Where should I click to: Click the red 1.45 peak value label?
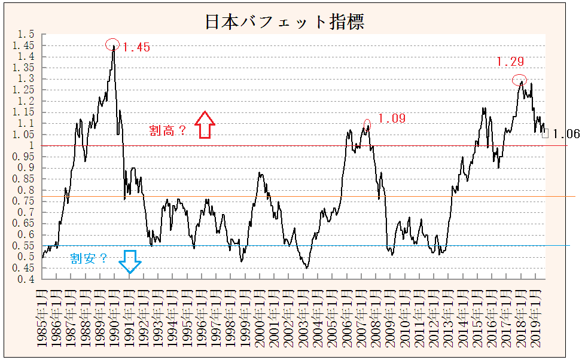136,47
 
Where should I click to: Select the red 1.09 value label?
391,118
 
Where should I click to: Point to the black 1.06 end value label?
565,134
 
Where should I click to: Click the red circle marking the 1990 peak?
112,44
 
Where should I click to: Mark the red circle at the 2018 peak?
520,80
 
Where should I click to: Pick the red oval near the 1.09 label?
367,124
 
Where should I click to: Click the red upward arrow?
205,125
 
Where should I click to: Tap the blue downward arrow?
130,261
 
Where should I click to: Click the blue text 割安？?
89,258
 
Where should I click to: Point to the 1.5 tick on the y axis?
27,34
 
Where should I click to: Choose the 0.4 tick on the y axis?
27,279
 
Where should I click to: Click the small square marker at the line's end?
545,133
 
